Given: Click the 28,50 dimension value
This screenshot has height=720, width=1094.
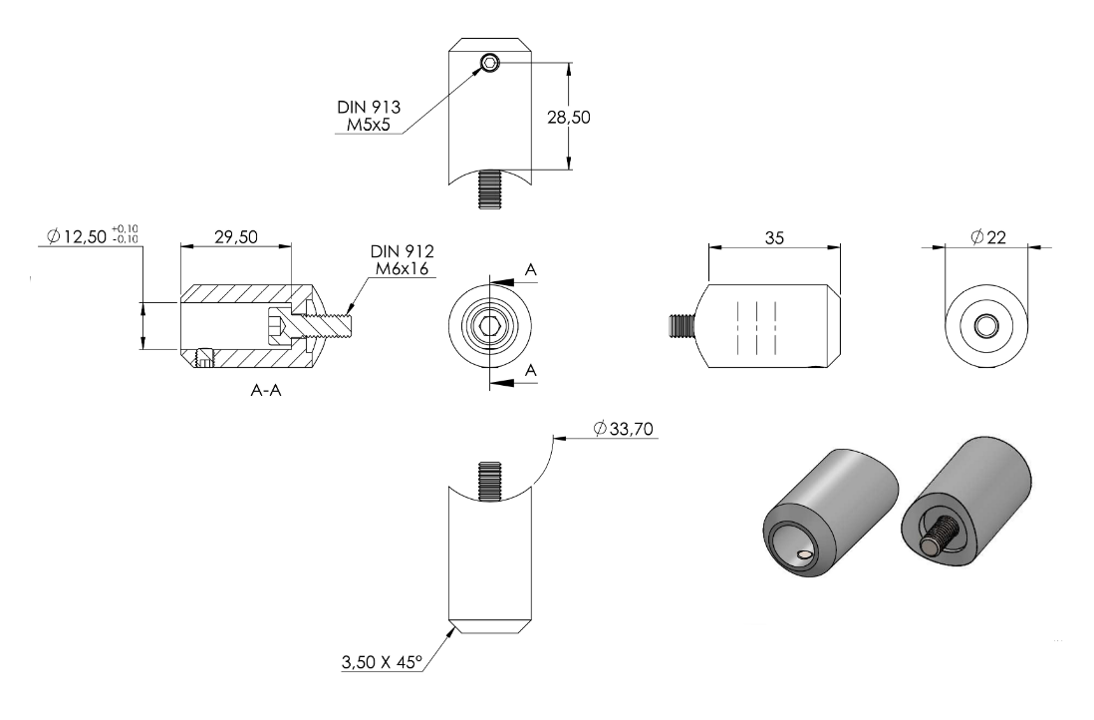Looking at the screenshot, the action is (x=569, y=118).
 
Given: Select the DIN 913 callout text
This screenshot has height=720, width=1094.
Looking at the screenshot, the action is (x=369, y=107).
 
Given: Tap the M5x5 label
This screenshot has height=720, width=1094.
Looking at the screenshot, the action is (x=369, y=126).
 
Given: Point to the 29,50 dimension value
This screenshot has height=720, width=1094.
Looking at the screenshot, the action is (x=236, y=236).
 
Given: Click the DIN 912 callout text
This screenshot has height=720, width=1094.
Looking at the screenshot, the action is (x=402, y=251).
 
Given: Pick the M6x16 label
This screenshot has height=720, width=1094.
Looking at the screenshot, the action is (x=402, y=269).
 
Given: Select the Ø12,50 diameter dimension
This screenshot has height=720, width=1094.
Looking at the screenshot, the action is (x=93, y=236).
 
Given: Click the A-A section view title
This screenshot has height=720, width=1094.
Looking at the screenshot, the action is (x=266, y=390).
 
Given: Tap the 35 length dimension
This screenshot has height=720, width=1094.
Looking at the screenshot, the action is (x=774, y=238).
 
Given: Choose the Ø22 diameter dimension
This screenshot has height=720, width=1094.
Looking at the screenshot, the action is (x=988, y=237).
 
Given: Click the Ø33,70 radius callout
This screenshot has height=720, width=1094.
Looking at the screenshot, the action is (x=623, y=428).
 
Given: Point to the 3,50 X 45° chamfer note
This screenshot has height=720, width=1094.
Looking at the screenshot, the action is (x=383, y=661).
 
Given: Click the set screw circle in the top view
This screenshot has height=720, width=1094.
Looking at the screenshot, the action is (x=490, y=64).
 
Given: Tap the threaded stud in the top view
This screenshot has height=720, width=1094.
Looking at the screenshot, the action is (x=490, y=189).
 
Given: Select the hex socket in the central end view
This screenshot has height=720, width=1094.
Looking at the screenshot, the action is (x=490, y=325).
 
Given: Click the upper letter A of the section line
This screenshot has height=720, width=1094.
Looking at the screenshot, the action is (x=531, y=270).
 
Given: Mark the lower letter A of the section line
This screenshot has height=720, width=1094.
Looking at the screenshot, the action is (x=531, y=370).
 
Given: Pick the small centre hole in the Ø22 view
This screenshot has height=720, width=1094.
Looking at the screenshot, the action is (x=985, y=325).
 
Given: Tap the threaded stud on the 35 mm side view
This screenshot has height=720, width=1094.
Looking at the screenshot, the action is (x=682, y=325).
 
